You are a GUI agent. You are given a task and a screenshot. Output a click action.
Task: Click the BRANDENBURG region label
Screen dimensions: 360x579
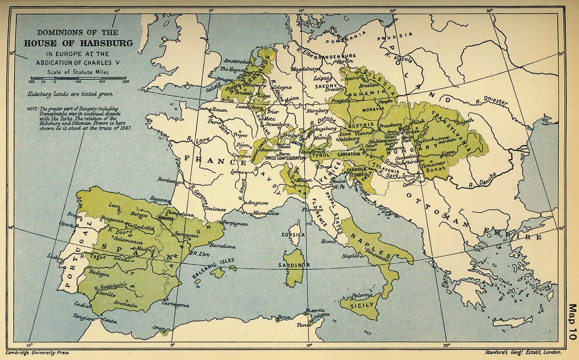335,56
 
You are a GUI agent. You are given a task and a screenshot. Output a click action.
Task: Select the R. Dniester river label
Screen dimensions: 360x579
491,102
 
